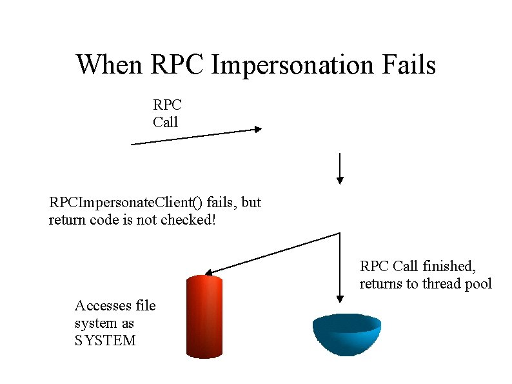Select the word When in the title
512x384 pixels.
coord(110,65)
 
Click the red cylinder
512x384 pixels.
coord(204,319)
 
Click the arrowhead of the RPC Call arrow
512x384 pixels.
coord(258,129)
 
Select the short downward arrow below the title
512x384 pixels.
coord(340,168)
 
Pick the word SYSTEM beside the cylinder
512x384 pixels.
coord(105,340)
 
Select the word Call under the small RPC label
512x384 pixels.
coord(165,121)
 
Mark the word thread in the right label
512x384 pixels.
coord(442,283)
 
